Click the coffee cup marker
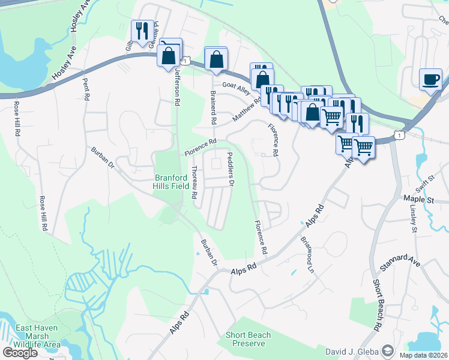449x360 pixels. [432, 80]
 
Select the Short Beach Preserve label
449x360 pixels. [248, 339]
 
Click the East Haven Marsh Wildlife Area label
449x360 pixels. [38, 336]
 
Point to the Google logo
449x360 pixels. [19, 353]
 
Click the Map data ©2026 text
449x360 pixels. [423, 355]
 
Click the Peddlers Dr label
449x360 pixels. [230, 169]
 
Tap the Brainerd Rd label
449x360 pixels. [212, 106]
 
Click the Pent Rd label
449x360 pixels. [86, 88]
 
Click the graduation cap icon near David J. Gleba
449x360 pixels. [388, 350]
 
